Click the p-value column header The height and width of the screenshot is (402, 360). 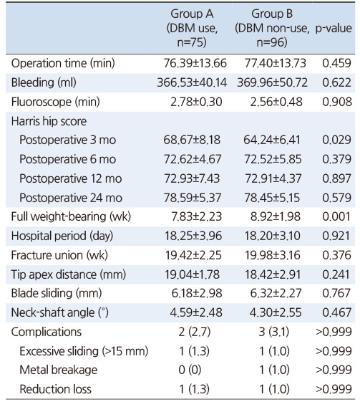coord(334,28)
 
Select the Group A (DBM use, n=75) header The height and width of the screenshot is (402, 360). coord(192,28)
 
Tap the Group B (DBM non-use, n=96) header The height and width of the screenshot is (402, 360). coord(272,28)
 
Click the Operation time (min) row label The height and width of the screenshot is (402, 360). coord(63,63)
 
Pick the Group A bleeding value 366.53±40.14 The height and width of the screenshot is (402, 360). coord(192,82)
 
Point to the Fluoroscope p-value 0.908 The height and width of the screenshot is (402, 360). coord(336,102)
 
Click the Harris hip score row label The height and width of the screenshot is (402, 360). coord(49,121)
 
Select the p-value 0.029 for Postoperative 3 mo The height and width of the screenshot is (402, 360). coord(336,140)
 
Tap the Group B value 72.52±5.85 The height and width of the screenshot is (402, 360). coord(273,159)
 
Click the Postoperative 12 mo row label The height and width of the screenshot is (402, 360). coord(71,178)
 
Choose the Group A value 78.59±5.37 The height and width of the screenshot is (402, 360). coord(193,198)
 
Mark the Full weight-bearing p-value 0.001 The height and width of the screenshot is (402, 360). coord(336,216)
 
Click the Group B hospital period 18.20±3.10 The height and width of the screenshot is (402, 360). coord(273,236)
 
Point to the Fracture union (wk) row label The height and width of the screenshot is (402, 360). coord(59,255)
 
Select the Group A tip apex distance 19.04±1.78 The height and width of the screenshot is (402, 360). coord(192,274)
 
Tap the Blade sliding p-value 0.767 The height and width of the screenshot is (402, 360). coord(336,293)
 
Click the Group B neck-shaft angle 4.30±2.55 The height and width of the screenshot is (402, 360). coord(276,312)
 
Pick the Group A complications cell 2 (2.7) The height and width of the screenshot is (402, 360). coord(195,332)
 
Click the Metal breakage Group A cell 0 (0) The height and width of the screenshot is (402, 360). coord(190,370)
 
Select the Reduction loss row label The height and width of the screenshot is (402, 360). coord(55,389)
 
